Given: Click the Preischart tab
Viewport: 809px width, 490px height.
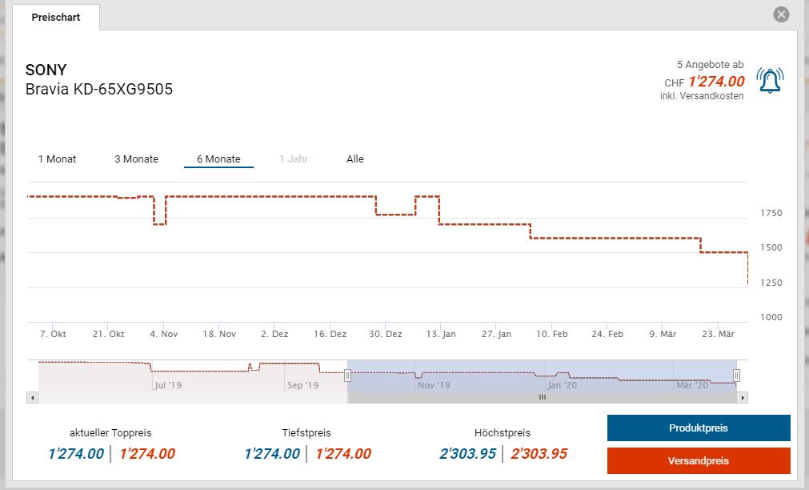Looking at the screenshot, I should pyautogui.click(x=56, y=17).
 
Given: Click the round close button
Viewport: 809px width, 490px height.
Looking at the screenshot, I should pyautogui.click(x=782, y=14).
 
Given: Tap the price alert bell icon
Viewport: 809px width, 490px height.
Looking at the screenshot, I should pyautogui.click(x=770, y=80).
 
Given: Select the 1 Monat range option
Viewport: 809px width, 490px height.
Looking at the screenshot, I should pyautogui.click(x=57, y=159).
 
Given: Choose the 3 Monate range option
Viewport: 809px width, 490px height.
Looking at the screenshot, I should pyautogui.click(x=136, y=159).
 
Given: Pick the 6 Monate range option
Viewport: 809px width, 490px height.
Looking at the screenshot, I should pyautogui.click(x=218, y=159).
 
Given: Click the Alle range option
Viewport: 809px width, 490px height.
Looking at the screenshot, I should pyautogui.click(x=355, y=159).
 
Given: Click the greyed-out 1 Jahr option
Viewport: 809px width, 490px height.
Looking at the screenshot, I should pyautogui.click(x=294, y=159).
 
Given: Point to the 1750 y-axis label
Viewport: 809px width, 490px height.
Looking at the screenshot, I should pyautogui.click(x=772, y=213).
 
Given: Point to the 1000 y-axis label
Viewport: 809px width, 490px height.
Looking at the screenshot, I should pyautogui.click(x=772, y=317).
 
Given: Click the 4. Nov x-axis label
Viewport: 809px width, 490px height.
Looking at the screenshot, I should pyautogui.click(x=164, y=334).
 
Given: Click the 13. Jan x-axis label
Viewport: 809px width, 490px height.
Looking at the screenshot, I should pyautogui.click(x=442, y=334).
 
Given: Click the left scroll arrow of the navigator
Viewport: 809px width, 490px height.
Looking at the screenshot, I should pyautogui.click(x=32, y=397).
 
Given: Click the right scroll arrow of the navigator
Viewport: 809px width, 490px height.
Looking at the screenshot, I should pyautogui.click(x=743, y=397).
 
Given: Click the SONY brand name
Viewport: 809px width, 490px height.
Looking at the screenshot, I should pyautogui.click(x=46, y=70).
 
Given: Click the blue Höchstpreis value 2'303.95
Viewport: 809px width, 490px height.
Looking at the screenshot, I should pyautogui.click(x=468, y=454).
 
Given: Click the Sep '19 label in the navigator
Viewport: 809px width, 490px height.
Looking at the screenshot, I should pyautogui.click(x=302, y=385).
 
